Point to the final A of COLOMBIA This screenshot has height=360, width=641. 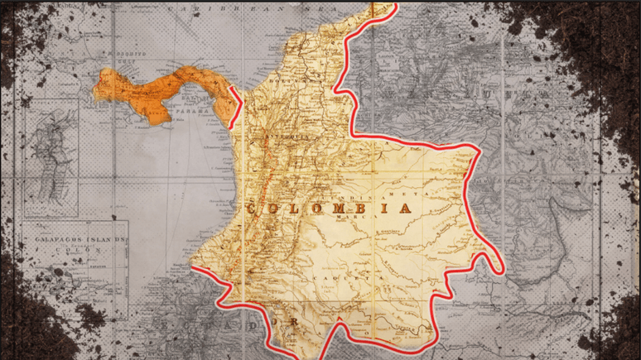tap(404, 208)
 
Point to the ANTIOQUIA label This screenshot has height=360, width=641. tap(283, 134)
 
